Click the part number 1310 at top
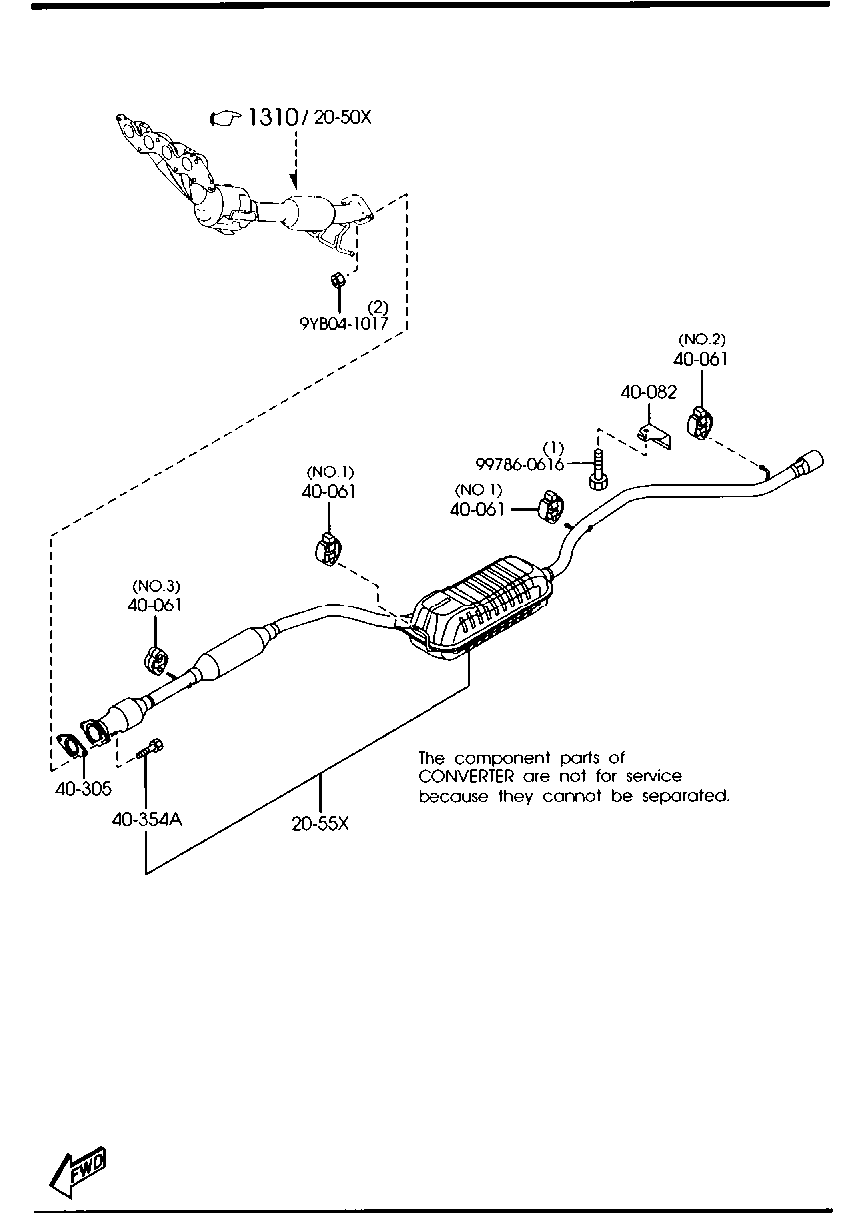click(x=272, y=118)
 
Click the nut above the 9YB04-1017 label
click(x=338, y=277)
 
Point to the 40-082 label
click(x=648, y=393)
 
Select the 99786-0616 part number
click(x=520, y=464)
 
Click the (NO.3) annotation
click(x=155, y=585)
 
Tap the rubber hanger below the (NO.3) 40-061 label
click(x=156, y=660)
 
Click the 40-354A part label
click(x=146, y=819)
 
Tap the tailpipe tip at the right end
click(x=808, y=465)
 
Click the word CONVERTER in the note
click(x=465, y=776)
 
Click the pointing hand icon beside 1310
click(x=226, y=119)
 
